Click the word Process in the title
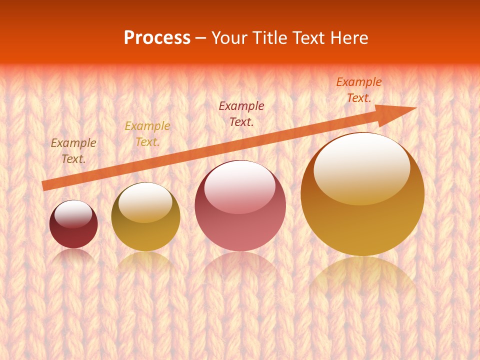(x=157, y=38)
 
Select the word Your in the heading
(x=229, y=38)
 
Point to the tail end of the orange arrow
(x=44, y=186)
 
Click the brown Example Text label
(x=73, y=151)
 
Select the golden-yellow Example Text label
(x=147, y=134)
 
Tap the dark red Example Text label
(x=241, y=113)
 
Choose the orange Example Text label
(x=359, y=90)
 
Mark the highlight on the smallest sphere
(x=73, y=213)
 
